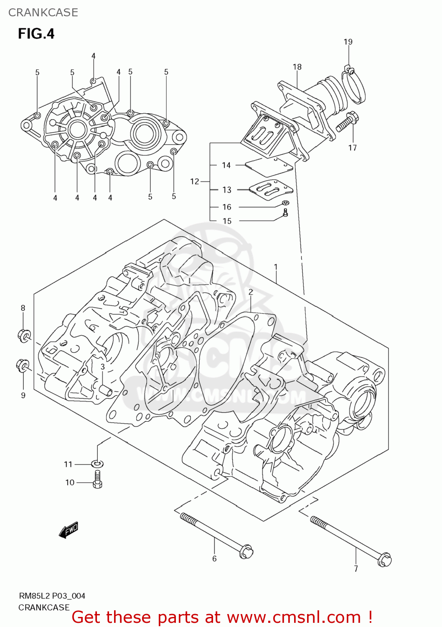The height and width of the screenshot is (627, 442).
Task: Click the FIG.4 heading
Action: coord(36,33)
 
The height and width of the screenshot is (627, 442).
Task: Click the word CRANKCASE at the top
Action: coord(43,13)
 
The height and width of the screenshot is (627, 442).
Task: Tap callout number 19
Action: coord(348,42)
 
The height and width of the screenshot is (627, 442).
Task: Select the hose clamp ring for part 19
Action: coord(354,87)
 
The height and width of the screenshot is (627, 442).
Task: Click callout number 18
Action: coord(297,67)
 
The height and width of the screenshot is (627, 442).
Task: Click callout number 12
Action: coord(195,181)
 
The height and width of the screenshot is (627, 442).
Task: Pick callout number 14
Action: coord(226,165)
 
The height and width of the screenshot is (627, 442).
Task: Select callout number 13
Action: coord(227,190)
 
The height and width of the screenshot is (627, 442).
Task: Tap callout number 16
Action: coord(227,207)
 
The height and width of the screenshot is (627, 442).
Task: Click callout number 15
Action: coord(227,221)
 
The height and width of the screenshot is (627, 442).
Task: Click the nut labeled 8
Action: coord(24,335)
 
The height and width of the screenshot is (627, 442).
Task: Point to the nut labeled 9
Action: coord(23,366)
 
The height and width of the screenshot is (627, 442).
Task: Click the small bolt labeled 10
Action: coord(97,480)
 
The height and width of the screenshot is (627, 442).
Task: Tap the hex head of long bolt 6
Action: coord(246,551)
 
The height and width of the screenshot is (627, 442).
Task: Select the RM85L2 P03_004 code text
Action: coord(52,596)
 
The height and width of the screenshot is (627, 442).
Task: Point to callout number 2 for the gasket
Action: coord(251,292)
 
